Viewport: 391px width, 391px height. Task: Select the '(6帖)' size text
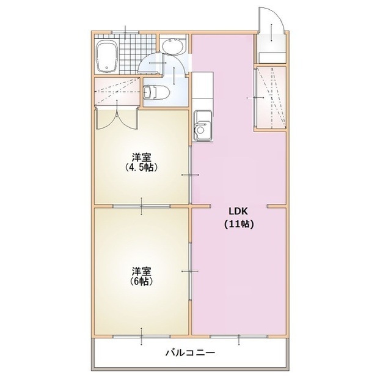click(141, 281)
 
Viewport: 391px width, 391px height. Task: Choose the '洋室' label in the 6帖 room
click(142, 270)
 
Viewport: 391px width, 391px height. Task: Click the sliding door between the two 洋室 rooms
click(142, 206)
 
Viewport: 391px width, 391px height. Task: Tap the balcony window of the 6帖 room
click(142, 336)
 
